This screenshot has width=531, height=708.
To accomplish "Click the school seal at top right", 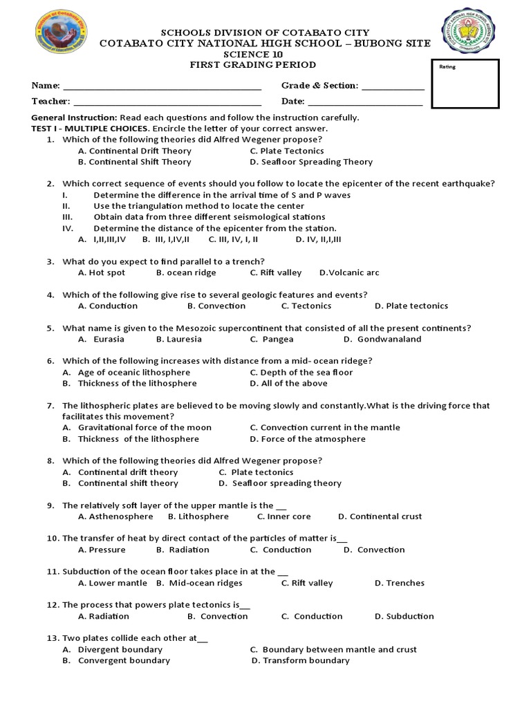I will pos(472,33).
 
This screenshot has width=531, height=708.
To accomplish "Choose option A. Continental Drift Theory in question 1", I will pos(135,151).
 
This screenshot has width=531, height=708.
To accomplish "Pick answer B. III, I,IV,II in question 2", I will pos(165,239).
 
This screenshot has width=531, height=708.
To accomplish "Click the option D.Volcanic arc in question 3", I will pos(349,272).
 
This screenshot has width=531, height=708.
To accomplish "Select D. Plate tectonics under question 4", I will pos(411,306).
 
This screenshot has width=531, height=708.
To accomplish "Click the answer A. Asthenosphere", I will pos(115,516).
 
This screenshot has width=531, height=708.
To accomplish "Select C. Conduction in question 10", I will pos(281,550).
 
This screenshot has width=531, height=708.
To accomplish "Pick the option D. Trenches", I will pos(400,583).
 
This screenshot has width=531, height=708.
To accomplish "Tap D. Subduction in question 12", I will pos(404,616).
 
